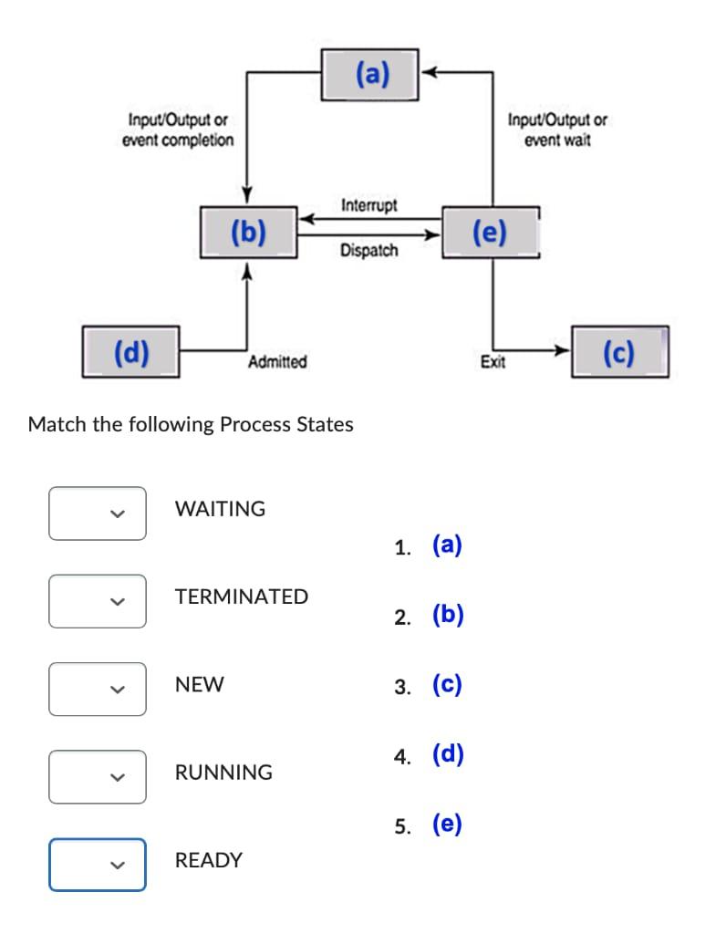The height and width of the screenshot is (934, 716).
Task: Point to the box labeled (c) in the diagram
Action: tap(619, 352)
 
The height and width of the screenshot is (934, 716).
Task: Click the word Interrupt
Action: tap(368, 205)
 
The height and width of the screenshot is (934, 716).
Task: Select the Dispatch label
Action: tap(368, 250)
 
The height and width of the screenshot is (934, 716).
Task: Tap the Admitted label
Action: tap(277, 362)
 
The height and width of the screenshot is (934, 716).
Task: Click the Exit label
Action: tap(493, 362)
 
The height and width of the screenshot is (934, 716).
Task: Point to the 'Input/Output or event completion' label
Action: tap(178, 130)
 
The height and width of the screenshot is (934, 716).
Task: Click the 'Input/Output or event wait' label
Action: tap(557, 130)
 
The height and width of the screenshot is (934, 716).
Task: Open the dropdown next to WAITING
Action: tap(98, 513)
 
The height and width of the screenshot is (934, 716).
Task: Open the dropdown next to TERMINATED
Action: tap(98, 601)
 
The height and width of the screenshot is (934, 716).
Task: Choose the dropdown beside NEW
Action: tap(98, 689)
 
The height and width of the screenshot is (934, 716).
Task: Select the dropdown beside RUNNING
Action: tap(98, 776)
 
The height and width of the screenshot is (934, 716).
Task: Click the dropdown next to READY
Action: tap(98, 864)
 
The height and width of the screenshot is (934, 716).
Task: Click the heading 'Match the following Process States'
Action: tap(191, 424)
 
